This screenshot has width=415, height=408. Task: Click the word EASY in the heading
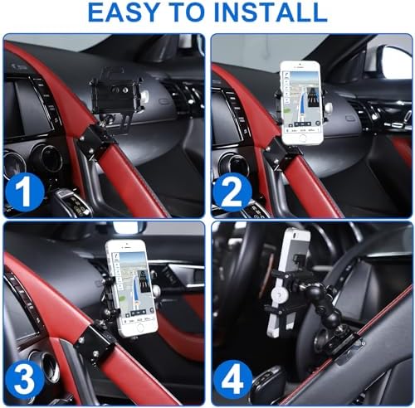124,14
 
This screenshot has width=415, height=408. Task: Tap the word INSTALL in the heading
268,14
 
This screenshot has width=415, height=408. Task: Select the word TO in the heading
190,14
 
